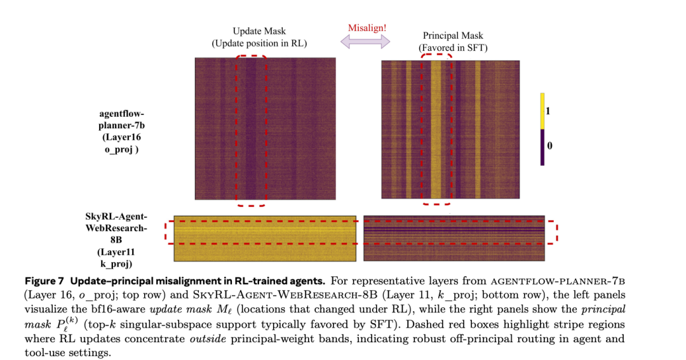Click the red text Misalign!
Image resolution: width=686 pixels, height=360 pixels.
368,28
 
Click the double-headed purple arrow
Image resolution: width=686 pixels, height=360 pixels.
366,42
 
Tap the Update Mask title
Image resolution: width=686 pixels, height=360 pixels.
259,31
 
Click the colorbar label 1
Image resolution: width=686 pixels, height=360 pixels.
548,111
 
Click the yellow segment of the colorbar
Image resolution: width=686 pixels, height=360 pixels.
542,111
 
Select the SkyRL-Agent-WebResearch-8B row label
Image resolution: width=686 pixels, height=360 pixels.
116,240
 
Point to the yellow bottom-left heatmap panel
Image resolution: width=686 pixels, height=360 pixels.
265,238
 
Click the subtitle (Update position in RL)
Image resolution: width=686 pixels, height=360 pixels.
259,43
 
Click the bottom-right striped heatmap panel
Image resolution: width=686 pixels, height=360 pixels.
454,238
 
